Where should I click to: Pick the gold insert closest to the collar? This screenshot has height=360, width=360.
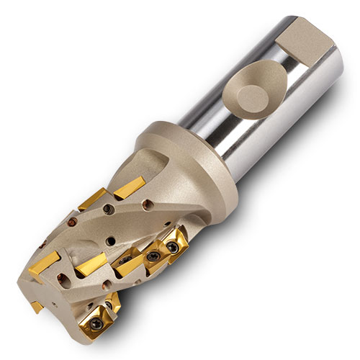tap(130, 189)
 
